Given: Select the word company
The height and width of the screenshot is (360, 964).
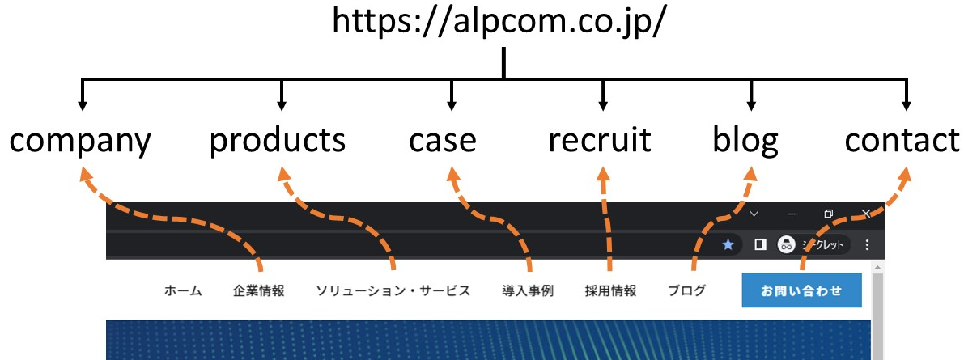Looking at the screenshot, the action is tap(80, 142).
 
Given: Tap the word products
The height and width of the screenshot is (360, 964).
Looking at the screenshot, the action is tap(278, 140).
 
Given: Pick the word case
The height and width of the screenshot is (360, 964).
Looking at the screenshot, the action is tap(443, 141).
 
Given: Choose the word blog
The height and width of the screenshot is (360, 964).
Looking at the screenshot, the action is tap(745, 141).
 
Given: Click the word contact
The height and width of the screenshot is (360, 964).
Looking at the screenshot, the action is tap(902, 140).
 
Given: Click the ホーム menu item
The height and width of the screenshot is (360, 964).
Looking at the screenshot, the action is tap(183, 291).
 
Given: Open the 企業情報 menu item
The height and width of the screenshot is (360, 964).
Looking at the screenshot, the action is tap(259, 290).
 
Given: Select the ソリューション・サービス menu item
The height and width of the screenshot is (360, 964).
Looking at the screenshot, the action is tap(393, 290).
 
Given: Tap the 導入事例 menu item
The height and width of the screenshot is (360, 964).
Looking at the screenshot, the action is tap(528, 290).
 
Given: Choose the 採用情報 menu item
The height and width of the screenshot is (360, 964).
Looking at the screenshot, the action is tap(610, 290).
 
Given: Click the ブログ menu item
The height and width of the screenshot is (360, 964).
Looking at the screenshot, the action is tap(686, 290).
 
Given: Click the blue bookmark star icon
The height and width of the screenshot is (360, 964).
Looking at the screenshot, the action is tap(728, 244).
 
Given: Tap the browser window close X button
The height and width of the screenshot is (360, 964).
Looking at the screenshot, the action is tap(865, 214).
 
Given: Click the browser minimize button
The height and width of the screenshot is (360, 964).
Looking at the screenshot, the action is tap(792, 214).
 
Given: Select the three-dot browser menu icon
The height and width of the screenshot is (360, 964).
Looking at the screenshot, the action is tap(867, 244).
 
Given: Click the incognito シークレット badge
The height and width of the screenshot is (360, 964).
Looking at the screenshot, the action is tap(813, 244).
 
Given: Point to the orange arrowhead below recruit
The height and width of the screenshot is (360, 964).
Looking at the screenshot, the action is tap(603, 175).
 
